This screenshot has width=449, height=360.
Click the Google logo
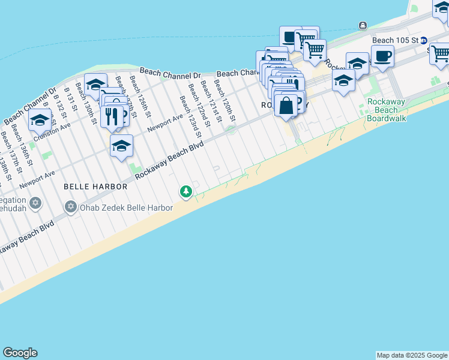pyautogui.click(x=20, y=353)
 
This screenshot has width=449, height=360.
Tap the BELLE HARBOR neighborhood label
pyautogui.click(x=96, y=187)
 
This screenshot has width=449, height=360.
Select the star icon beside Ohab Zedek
pyautogui.click(x=70, y=208)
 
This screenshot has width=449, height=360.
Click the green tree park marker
pyautogui.click(x=187, y=191)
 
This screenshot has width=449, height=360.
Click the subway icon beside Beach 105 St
pyautogui.click(x=423, y=41)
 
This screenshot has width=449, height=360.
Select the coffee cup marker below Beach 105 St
pyautogui.click(x=382, y=57)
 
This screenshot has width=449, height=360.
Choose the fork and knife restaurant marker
pyautogui.click(x=111, y=115)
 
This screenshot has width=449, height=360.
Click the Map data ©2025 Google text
pyautogui.click(x=412, y=355)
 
